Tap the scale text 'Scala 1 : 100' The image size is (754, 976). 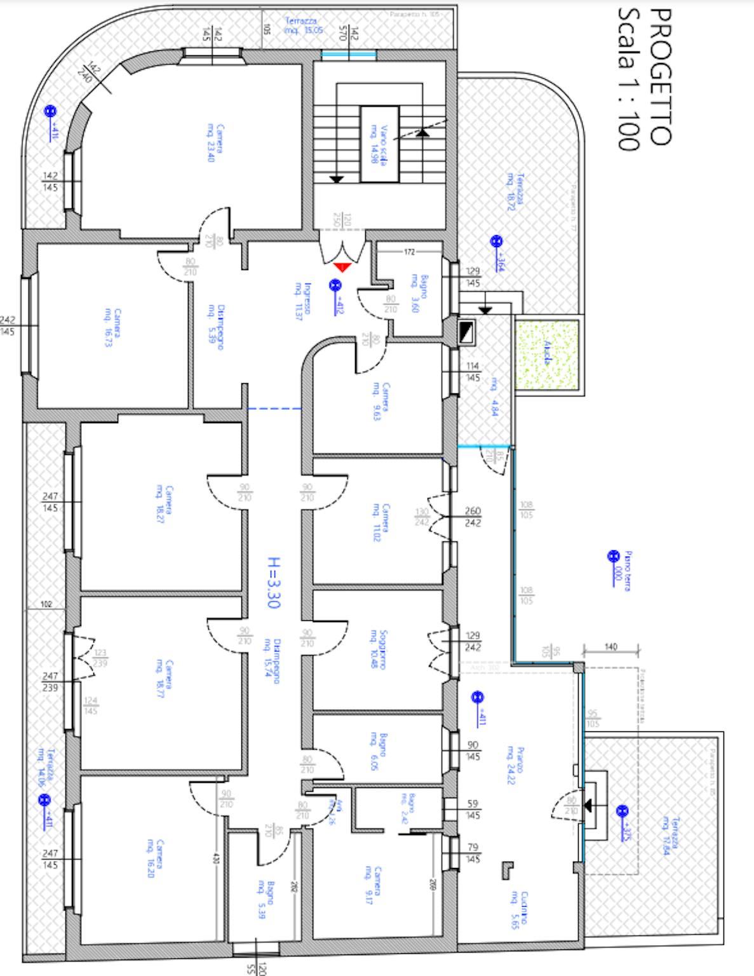628,79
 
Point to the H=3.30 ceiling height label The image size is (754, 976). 273,583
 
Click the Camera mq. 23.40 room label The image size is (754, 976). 216,143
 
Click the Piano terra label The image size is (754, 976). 622,571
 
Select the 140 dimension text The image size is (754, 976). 610,647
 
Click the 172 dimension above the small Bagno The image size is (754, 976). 409,252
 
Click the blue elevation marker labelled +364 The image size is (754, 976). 495,242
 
